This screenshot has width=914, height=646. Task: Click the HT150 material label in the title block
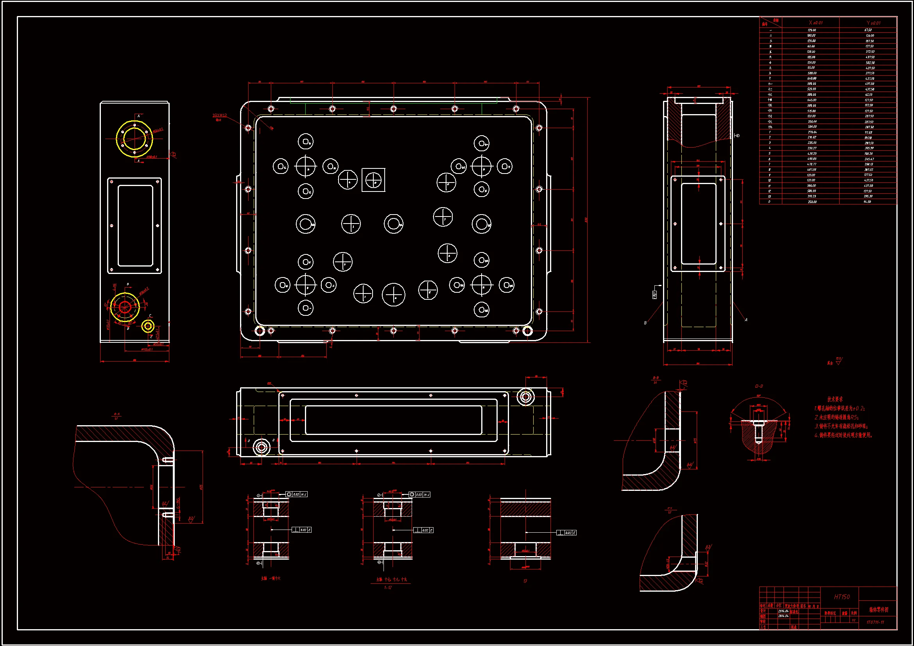842,597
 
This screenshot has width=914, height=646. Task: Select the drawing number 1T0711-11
875,622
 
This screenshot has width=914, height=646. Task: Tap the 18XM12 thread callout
220,115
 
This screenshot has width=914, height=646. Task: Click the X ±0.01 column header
815,23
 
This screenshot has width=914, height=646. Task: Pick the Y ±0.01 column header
873,23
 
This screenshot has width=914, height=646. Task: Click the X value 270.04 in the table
812,132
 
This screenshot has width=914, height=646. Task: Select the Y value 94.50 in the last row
868,202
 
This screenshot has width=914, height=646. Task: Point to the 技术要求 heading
835,399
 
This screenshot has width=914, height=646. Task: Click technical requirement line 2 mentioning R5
836,417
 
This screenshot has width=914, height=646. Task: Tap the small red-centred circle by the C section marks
148,326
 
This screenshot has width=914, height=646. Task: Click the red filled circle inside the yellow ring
125,307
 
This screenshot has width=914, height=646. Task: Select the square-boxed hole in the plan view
373,180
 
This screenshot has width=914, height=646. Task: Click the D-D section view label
759,386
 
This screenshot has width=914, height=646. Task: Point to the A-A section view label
117,414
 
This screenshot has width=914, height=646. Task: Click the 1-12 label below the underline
388,587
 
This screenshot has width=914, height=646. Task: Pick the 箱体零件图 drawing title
878,609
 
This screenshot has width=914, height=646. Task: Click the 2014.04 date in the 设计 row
783,610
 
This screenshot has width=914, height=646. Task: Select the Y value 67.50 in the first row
868,30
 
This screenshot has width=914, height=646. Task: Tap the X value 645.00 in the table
812,100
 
